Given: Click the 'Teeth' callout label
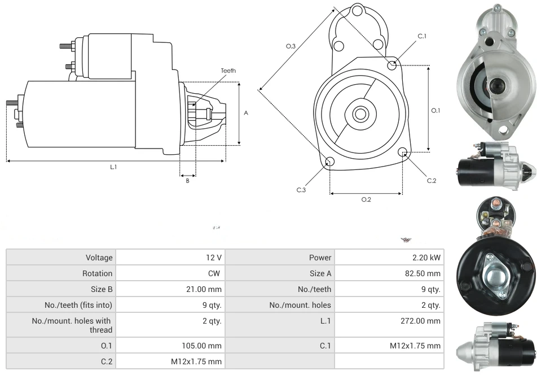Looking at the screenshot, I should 228,71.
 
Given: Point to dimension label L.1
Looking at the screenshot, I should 113,167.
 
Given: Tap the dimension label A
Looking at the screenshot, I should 246,113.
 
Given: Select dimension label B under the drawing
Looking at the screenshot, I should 187,181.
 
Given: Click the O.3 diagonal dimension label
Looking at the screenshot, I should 291,46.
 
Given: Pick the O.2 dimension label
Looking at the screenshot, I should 366,199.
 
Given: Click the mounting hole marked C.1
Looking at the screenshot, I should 392,66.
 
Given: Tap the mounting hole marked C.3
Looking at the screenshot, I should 330,163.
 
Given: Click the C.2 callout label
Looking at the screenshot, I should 432,181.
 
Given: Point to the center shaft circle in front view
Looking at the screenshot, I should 360,114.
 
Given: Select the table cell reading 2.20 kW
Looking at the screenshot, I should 426,258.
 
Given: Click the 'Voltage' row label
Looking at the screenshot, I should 99,258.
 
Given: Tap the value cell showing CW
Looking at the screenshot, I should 214,273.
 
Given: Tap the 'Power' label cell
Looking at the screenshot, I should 320,258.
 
